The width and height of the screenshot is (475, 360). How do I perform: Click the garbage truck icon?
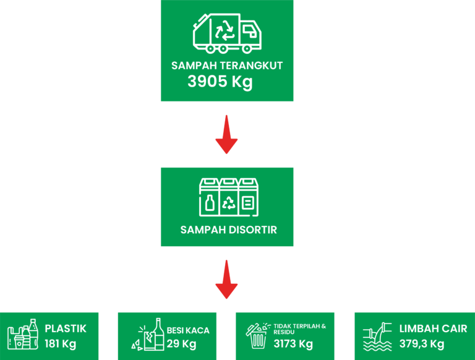227,33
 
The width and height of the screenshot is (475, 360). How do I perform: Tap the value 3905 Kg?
220,82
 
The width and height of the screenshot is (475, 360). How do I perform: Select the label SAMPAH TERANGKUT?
227,66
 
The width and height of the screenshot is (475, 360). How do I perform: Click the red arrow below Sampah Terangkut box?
226,134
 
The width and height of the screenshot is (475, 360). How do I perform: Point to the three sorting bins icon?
229,197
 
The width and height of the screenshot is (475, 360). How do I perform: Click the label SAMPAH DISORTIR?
229,229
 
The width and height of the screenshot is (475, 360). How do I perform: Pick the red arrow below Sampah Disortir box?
226,280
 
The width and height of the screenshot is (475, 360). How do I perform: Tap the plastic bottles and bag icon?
23,334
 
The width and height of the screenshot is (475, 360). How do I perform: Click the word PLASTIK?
66,328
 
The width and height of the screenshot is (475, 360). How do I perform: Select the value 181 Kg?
60,344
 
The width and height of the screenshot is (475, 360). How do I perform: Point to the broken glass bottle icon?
148,335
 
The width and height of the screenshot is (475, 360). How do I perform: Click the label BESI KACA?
188,330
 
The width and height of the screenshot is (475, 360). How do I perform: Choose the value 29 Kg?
181,344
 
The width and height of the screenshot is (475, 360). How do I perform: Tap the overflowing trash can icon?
258,336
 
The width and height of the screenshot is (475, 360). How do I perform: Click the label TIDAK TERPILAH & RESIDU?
299,329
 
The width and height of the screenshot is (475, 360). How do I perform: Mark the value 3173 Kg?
293,344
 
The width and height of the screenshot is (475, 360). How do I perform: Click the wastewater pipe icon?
377,336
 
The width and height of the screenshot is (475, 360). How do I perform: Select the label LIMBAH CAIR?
433,328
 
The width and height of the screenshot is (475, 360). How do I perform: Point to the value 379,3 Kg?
422,344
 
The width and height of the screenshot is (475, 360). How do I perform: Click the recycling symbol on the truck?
225,30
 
